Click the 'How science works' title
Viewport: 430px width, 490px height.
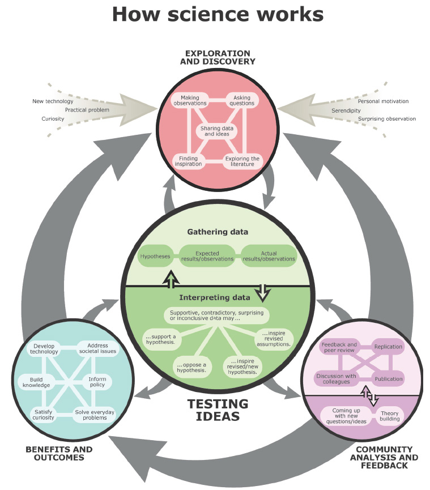point(218,15)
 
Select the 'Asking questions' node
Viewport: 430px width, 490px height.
point(242,100)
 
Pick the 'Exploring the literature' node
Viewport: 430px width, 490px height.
point(242,161)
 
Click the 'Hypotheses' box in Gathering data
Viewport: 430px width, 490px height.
point(155,256)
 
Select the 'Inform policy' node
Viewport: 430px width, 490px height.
point(97,382)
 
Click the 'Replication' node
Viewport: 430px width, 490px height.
point(388,347)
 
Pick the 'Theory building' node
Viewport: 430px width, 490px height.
point(389,416)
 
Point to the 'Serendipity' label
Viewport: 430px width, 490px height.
point(346,110)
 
